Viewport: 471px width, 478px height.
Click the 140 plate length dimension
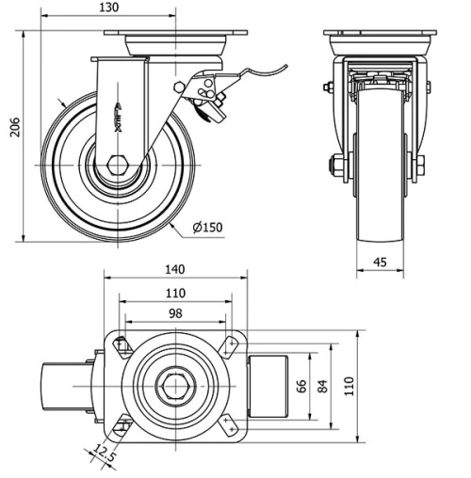[x=175, y=269]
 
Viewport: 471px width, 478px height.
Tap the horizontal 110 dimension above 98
[x=175, y=293]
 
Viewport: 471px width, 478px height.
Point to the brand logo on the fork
[x=122, y=109]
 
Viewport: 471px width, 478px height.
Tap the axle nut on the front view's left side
[x=336, y=167]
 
